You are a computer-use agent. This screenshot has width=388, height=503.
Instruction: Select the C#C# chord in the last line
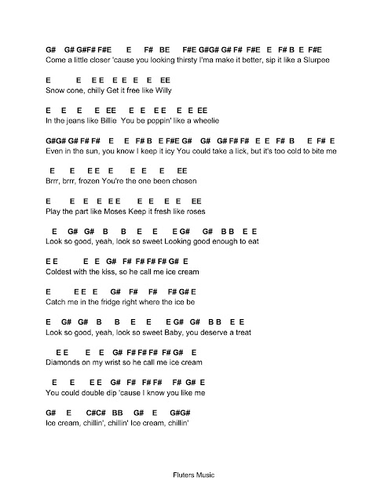(x=96, y=413)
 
